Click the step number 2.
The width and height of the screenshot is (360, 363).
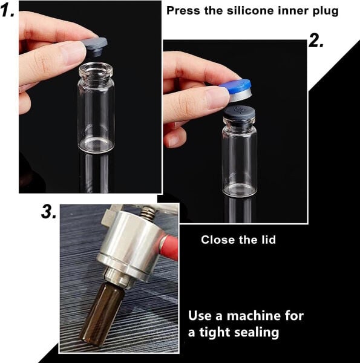coord(316,41)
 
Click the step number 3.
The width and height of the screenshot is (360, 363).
coord(48,212)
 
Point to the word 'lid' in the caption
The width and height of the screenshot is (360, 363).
coord(266,240)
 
